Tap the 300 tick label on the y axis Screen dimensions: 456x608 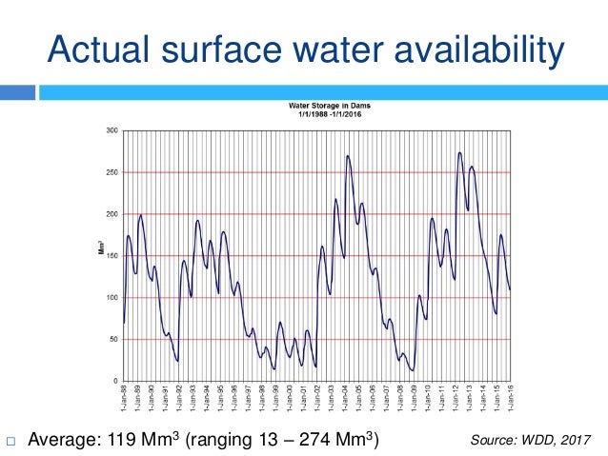111,130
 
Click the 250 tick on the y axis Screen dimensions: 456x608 111,172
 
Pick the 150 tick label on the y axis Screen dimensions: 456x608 111,256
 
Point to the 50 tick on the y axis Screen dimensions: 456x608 112,340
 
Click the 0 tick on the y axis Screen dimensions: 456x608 115,382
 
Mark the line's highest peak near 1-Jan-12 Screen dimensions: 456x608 460,152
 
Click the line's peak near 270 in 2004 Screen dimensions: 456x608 348,156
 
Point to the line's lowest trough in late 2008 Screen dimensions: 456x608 412,369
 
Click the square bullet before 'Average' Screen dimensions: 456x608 10,440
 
